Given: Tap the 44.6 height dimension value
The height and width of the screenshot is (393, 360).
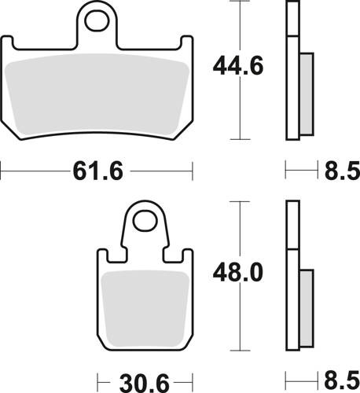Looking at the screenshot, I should click(x=237, y=68).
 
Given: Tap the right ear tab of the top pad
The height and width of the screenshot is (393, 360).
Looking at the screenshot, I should click(x=186, y=46).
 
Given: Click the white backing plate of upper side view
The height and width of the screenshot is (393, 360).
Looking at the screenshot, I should click(x=292, y=79).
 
